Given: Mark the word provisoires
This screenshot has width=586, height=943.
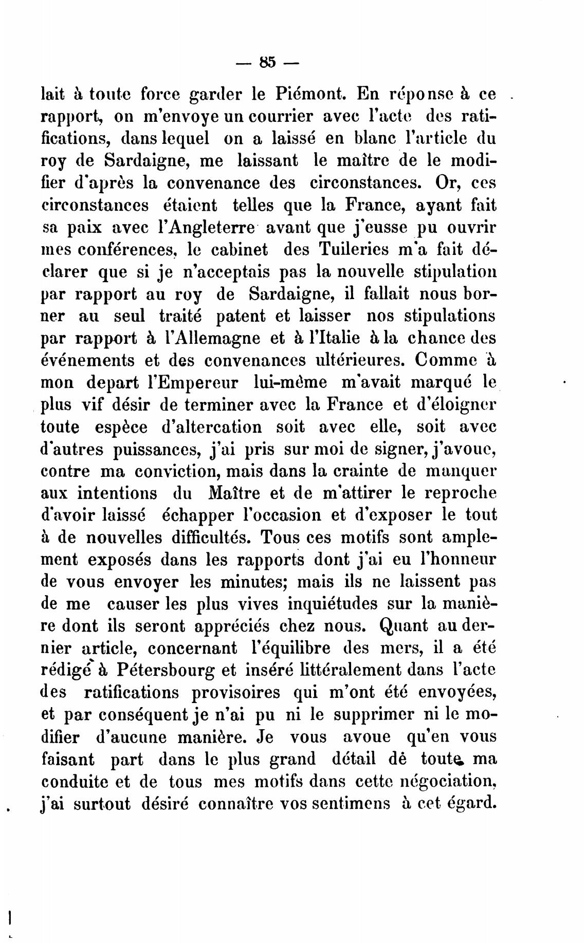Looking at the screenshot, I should pyautogui.click(x=236, y=692).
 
